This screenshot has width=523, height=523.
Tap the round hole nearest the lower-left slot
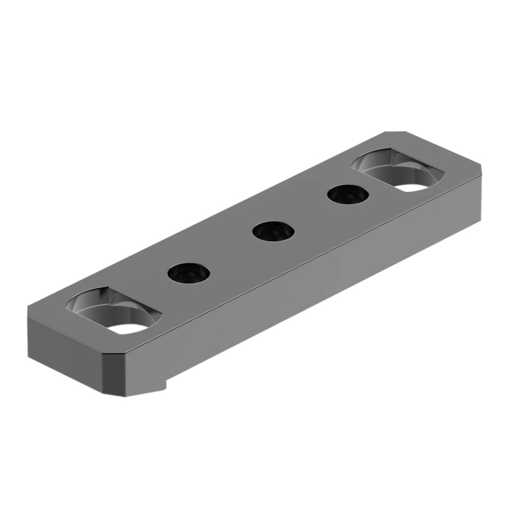click(189, 272)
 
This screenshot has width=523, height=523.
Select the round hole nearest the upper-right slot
click(348, 195)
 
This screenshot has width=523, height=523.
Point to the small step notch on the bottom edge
click(163, 387)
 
